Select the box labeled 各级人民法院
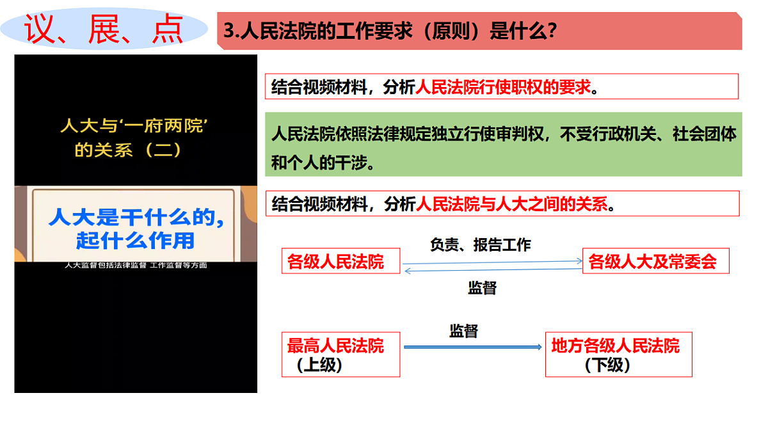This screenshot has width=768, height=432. coord(340,262)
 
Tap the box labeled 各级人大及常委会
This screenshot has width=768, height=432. coord(655,262)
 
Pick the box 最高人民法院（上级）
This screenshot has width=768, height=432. coord(340,355)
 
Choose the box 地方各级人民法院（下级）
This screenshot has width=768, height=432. coord(618,355)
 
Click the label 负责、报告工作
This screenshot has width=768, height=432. coord(481,244)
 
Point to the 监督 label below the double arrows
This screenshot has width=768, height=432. coord(482,288)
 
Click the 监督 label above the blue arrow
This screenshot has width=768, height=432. coord(463,331)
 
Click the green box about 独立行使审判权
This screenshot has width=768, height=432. coord(503,145)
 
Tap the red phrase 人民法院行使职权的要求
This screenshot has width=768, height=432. coord(503,87)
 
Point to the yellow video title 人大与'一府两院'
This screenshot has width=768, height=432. coord(136,125)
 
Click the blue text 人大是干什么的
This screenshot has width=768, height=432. coord(136,217)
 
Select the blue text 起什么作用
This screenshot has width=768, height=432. coord(135,241)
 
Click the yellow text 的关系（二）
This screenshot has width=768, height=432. coord(128,150)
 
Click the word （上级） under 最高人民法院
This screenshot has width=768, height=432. coord(319,365)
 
